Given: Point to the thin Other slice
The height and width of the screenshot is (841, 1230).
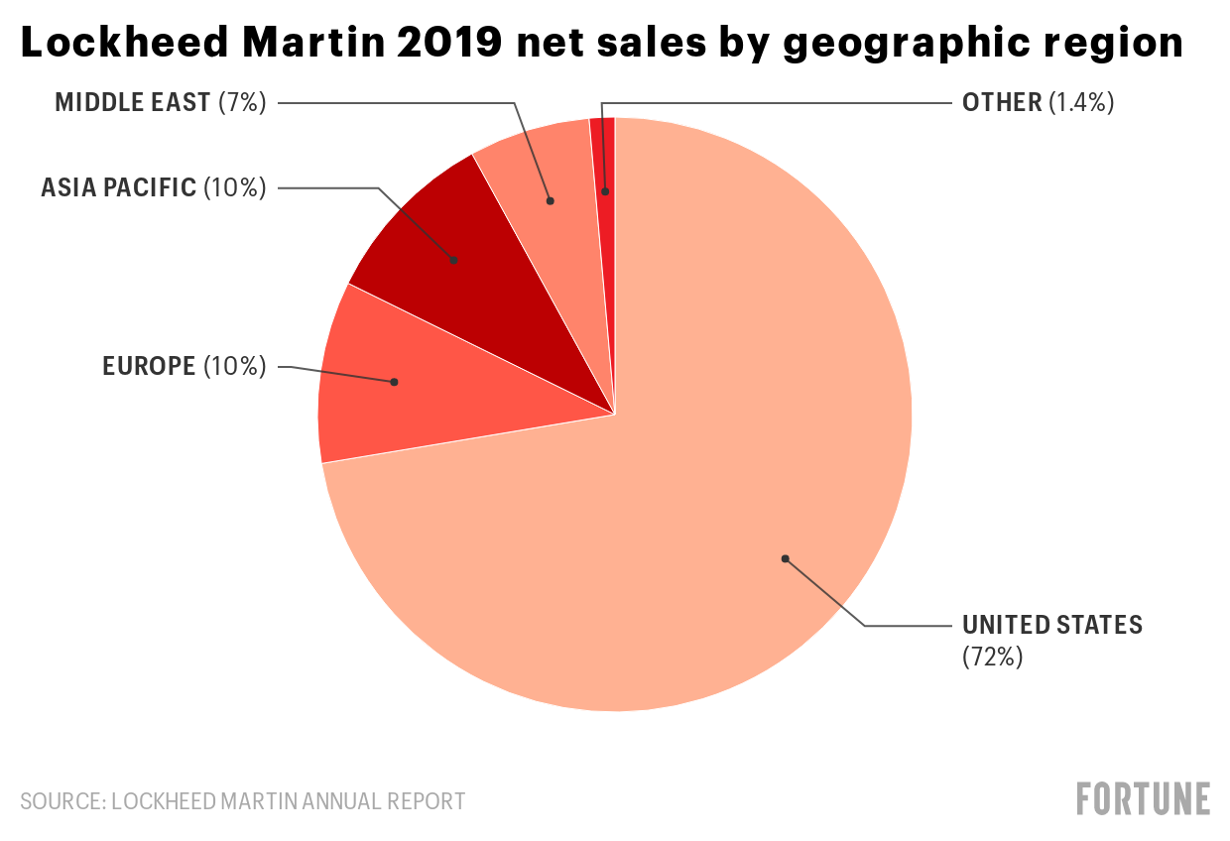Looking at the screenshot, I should click(603, 159).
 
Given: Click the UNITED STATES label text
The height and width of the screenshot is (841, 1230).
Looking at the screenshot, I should click(1051, 625).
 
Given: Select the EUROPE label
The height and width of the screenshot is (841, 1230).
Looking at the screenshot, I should click(149, 366).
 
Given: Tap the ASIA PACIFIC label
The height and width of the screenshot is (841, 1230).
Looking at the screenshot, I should click(118, 187).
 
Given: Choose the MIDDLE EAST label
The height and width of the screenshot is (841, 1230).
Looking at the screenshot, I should click(132, 101).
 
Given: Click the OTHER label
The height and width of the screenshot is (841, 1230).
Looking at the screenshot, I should click(1002, 101).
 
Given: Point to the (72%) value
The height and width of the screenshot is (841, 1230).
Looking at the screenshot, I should click(992, 656).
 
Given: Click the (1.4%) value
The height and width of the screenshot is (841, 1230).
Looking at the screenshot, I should click(1081, 101).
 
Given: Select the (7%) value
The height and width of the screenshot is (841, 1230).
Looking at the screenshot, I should click(242, 101).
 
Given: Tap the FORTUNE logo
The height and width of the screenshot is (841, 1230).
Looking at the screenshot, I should click(1143, 798).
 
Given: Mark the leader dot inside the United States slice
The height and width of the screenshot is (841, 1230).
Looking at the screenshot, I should click(785, 558).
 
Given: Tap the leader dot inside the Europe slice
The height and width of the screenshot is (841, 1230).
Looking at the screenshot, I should click(394, 381).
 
